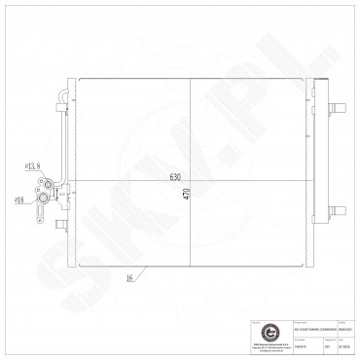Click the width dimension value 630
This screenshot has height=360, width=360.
pyautogui.click(x=176, y=176)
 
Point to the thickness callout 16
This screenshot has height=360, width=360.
pyautogui.click(x=128, y=279)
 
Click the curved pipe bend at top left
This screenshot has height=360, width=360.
pyautogui.click(x=62, y=94)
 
